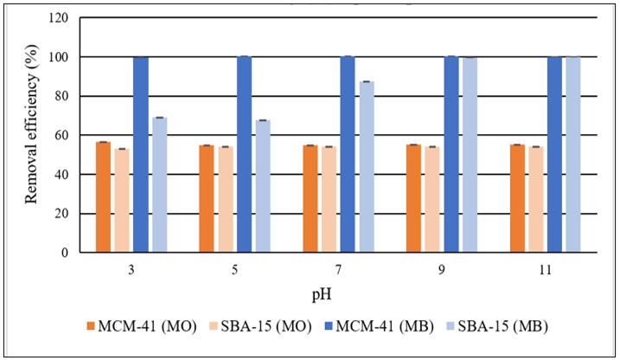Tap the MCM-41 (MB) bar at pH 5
244,155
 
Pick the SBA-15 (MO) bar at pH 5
226,200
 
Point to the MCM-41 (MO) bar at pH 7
310,199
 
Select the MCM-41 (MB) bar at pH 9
451,155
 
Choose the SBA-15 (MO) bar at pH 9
432,200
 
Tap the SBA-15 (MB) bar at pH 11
573,155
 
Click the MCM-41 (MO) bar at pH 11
517,199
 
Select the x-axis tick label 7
338,268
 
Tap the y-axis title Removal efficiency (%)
32,136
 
